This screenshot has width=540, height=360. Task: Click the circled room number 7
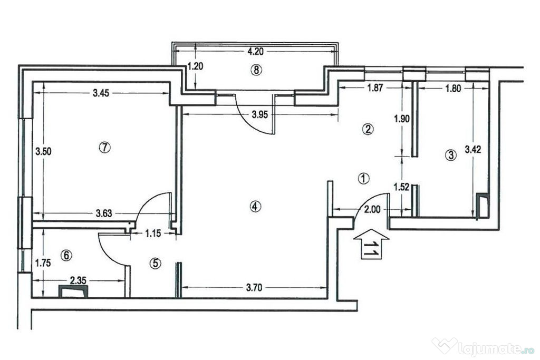104,148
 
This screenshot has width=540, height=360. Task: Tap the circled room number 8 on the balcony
256,70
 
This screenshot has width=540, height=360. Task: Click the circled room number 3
451,155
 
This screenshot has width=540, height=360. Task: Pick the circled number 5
156,264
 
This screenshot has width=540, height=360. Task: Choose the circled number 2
368,129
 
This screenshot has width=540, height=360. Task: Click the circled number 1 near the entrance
364,178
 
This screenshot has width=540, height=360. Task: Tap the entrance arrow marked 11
371,244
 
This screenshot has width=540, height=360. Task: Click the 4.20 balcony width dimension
255,52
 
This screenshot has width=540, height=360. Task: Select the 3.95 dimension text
259,114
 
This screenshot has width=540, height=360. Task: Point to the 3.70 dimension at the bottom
254,287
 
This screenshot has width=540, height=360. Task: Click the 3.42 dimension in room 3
473,150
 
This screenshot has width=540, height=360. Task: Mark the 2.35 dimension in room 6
78,280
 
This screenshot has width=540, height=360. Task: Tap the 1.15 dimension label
153,233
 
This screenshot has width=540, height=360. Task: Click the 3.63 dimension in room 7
104,213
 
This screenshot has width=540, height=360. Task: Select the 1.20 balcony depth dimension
195,66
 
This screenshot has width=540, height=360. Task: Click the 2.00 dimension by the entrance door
372,209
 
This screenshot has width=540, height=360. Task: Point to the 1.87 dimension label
375,88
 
